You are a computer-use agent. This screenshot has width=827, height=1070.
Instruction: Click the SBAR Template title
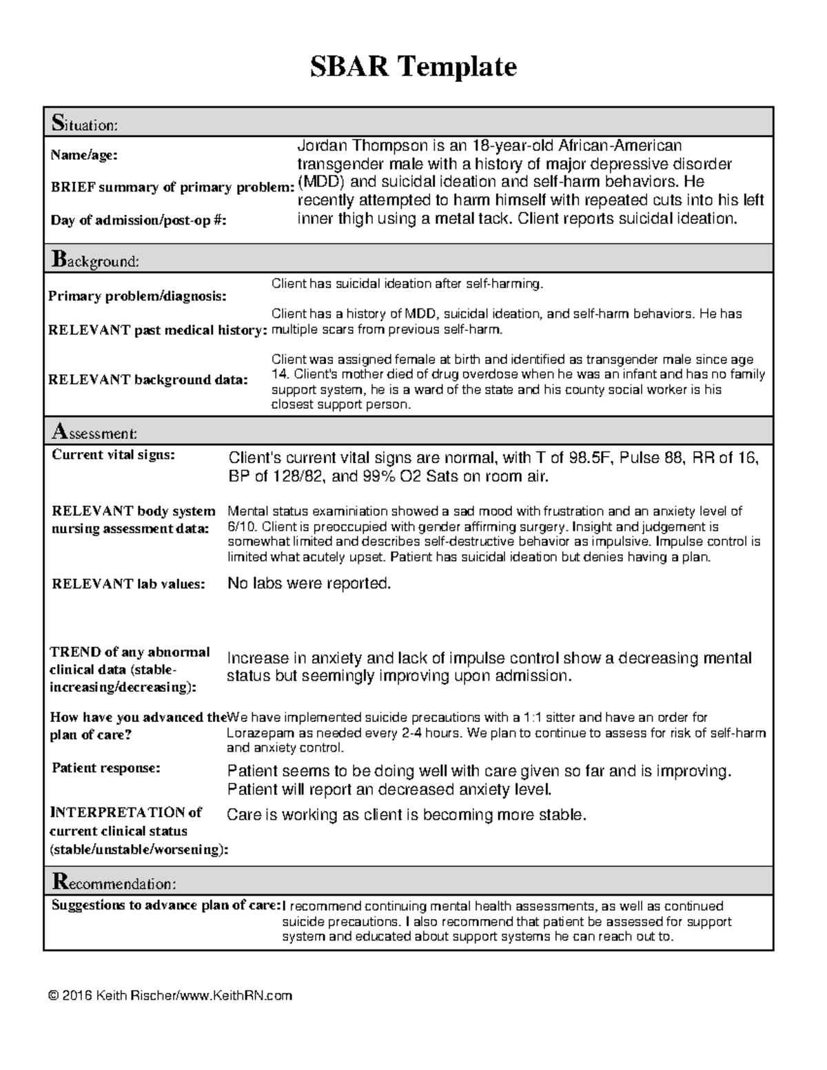coord(413,68)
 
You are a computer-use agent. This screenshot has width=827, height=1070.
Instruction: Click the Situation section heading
coord(85,124)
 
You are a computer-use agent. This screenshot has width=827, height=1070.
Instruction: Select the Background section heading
coord(94,260)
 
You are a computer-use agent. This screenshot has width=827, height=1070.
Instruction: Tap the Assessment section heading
coord(94,433)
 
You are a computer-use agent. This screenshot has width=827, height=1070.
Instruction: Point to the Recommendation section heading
coord(114,883)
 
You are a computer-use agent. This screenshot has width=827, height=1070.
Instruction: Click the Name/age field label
coord(83,155)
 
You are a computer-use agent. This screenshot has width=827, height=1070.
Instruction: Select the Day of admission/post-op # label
coord(138,220)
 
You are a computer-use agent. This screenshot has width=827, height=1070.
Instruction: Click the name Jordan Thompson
coord(352,146)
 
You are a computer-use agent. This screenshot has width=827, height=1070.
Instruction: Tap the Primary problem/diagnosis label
coord(136,296)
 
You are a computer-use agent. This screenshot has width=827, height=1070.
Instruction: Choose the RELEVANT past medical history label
coord(157,330)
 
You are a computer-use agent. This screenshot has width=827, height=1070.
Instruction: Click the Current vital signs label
coord(114,455)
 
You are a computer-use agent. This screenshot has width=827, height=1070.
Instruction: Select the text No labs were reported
coord(309,584)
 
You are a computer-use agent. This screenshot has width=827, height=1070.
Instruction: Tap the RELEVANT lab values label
coord(128,584)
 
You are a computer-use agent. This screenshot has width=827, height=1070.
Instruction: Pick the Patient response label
coord(106,768)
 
